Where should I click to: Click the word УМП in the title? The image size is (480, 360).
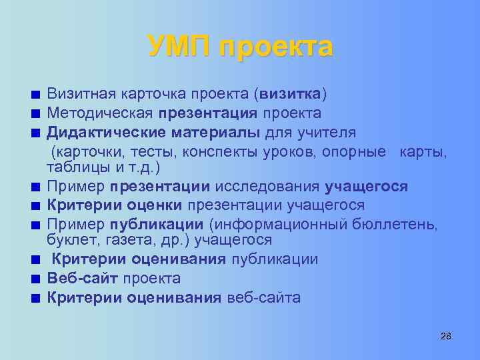coord(178,47)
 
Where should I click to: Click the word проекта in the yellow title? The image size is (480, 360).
coord(275,49)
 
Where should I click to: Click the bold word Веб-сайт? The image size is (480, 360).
coord(83,278)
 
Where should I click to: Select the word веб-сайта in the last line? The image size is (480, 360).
coord(264,297)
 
